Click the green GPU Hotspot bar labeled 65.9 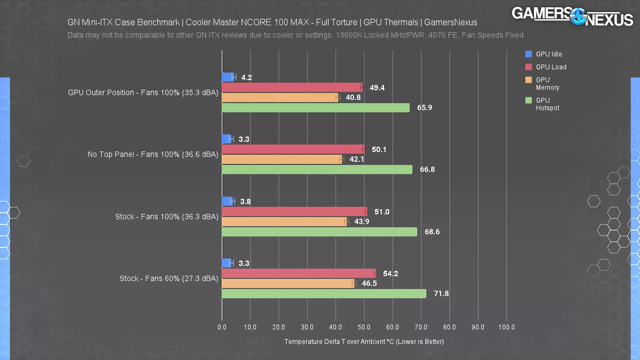pos(316,108)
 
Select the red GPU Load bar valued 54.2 pos(298,274)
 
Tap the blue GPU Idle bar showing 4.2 pos(228,77)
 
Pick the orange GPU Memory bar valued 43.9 pos(284,222)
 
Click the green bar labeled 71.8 pos(324,294)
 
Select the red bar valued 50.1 pos(293,149)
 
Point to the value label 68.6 pos(432,232)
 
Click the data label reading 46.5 pos(369,283)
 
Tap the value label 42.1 pos(357,159)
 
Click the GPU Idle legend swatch pos(528,54)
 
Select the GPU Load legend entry pos(551,67)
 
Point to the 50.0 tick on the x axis pos(364,327)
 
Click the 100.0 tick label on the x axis pos(506,327)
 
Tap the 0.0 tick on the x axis pos(222,327)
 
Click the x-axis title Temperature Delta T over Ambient pos(364,342)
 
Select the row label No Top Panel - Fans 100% pos(153,154)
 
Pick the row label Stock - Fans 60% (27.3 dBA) pos(169,278)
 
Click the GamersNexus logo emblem pos(578,16)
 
